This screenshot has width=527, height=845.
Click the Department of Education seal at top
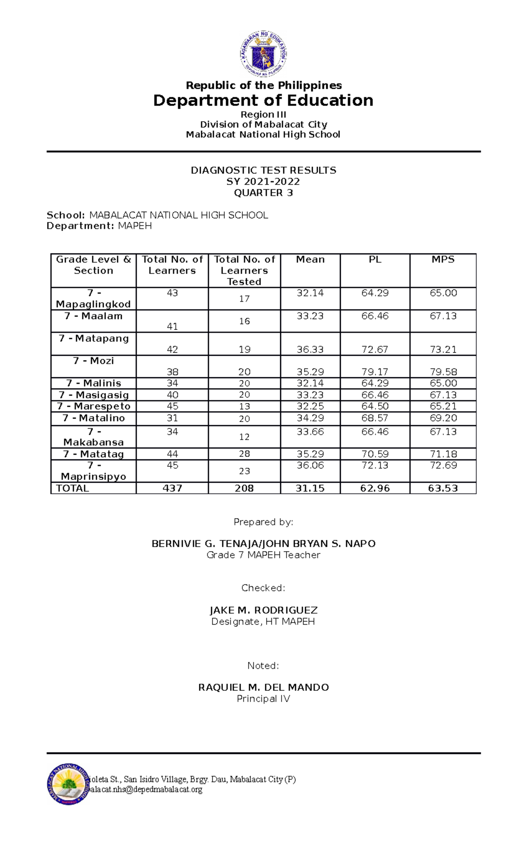coord(263,54)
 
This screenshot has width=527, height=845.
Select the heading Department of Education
coord(263,101)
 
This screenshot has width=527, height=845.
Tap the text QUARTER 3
coord(263,193)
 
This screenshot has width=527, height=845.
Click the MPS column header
coord(443,260)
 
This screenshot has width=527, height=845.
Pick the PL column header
coord(375,260)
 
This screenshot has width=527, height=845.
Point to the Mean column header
coord(310,260)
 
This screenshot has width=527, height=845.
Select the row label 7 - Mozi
coord(94,361)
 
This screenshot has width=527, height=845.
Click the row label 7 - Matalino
coord(94,418)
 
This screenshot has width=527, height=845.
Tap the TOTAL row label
coord(72,488)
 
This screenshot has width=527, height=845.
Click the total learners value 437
coord(172,488)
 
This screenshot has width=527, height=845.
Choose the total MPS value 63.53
coord(443,488)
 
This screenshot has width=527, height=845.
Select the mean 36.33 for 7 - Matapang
coord(310,350)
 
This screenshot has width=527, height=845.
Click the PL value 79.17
coord(375,372)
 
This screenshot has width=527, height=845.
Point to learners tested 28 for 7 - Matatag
coord(244,454)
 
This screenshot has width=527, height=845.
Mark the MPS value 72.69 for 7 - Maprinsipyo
coord(443,466)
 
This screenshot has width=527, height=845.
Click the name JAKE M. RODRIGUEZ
coord(263,610)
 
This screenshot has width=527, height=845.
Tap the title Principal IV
coord(263,699)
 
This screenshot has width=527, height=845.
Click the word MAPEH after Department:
coord(135,226)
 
